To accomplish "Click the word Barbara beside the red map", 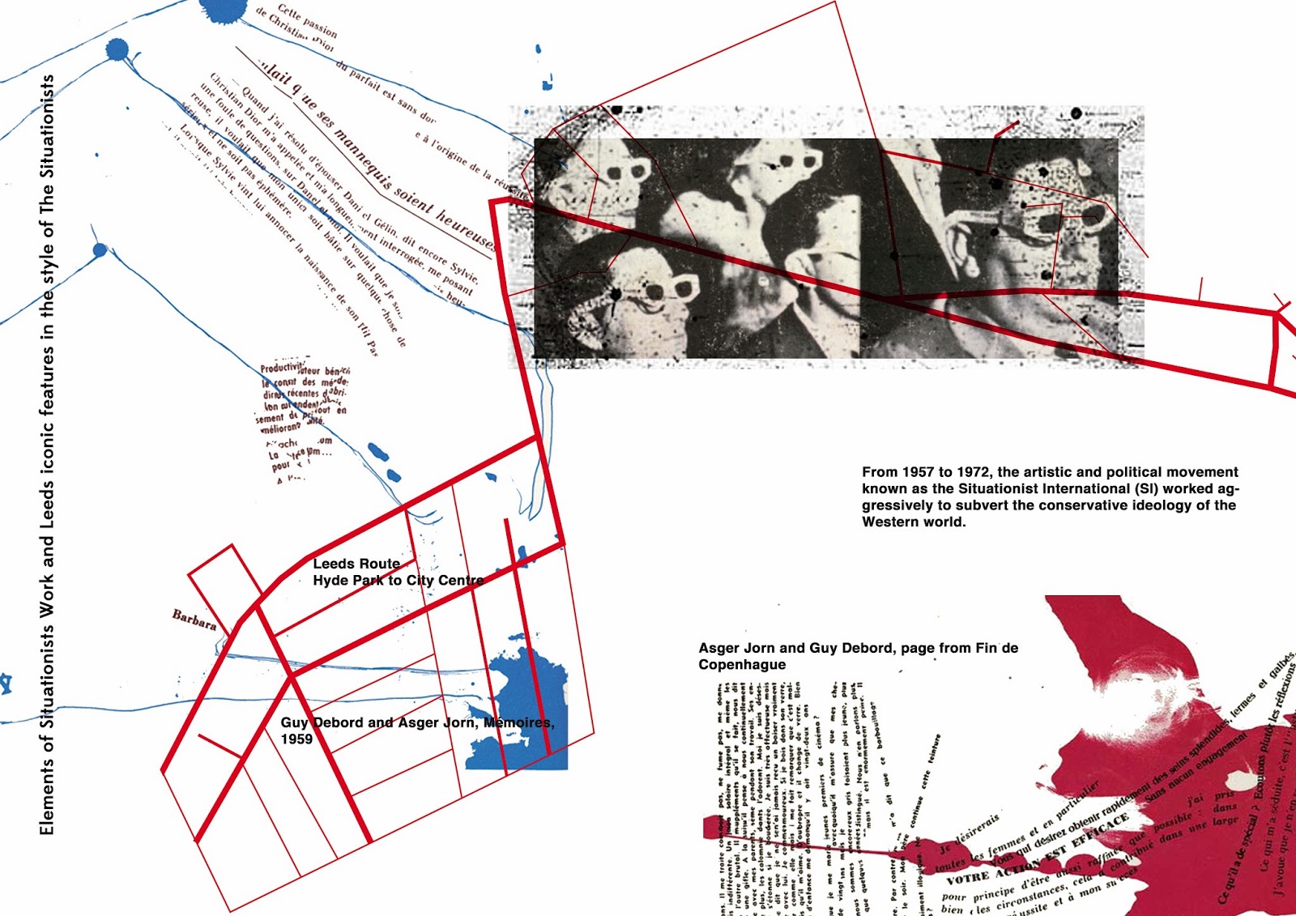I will coord(194,620).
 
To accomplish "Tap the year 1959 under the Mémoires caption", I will coord(296,739).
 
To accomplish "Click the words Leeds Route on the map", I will coord(356,564).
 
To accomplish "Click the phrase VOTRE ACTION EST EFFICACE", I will coord(1037,850).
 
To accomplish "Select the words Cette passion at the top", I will coord(307,20).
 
